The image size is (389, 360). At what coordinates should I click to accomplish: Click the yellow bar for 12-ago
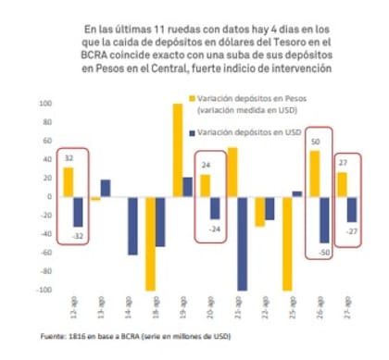point(69,181)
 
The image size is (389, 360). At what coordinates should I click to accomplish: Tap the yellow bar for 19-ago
point(177,150)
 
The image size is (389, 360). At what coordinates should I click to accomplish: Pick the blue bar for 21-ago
point(243,242)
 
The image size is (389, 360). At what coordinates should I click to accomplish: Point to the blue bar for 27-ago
point(352,209)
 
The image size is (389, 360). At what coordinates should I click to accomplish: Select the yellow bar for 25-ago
point(286,242)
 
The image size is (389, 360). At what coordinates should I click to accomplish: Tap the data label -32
point(78,238)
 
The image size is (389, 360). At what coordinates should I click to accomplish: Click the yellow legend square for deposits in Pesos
point(193,97)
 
